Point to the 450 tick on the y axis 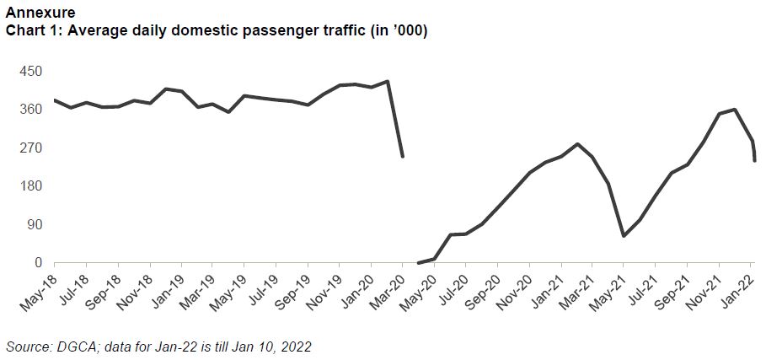pos(31,71)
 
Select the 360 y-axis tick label pos(31,110)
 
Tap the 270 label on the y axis pos(31,148)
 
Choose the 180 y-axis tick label pos(31,186)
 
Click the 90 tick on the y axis pos(35,224)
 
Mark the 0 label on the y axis pos(38,263)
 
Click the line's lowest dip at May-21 pos(624,235)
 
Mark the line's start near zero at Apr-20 pos(419,263)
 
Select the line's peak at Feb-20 pos(387,82)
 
